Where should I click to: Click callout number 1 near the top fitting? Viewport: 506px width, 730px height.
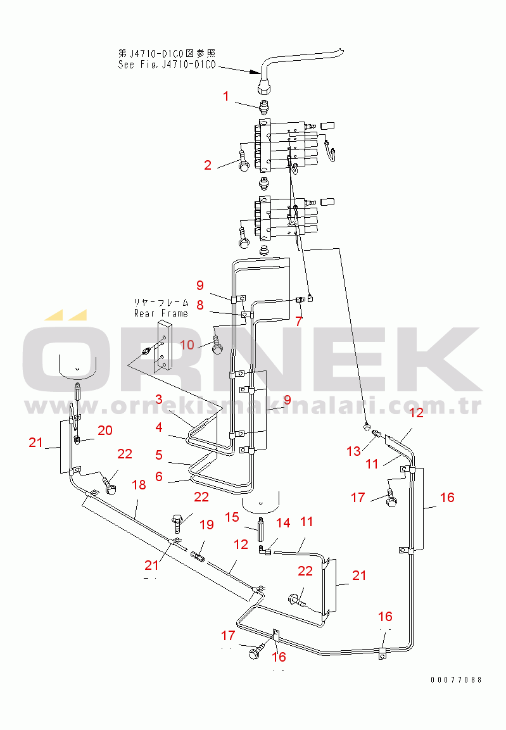tap(225, 96)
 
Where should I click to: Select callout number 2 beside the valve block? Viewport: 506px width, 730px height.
tap(208, 165)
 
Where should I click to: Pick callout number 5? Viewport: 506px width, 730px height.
tap(159, 455)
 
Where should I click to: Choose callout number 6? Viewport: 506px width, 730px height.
tap(159, 475)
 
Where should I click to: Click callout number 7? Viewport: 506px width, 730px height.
tap(299, 320)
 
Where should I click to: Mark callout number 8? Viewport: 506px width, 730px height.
tap(199, 305)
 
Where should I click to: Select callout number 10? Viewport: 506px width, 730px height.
tap(187, 344)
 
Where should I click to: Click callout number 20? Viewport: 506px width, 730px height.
tap(104, 430)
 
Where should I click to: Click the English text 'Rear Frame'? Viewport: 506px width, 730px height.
tap(161, 313)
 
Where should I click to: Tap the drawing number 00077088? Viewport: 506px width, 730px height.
tap(456, 680)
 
